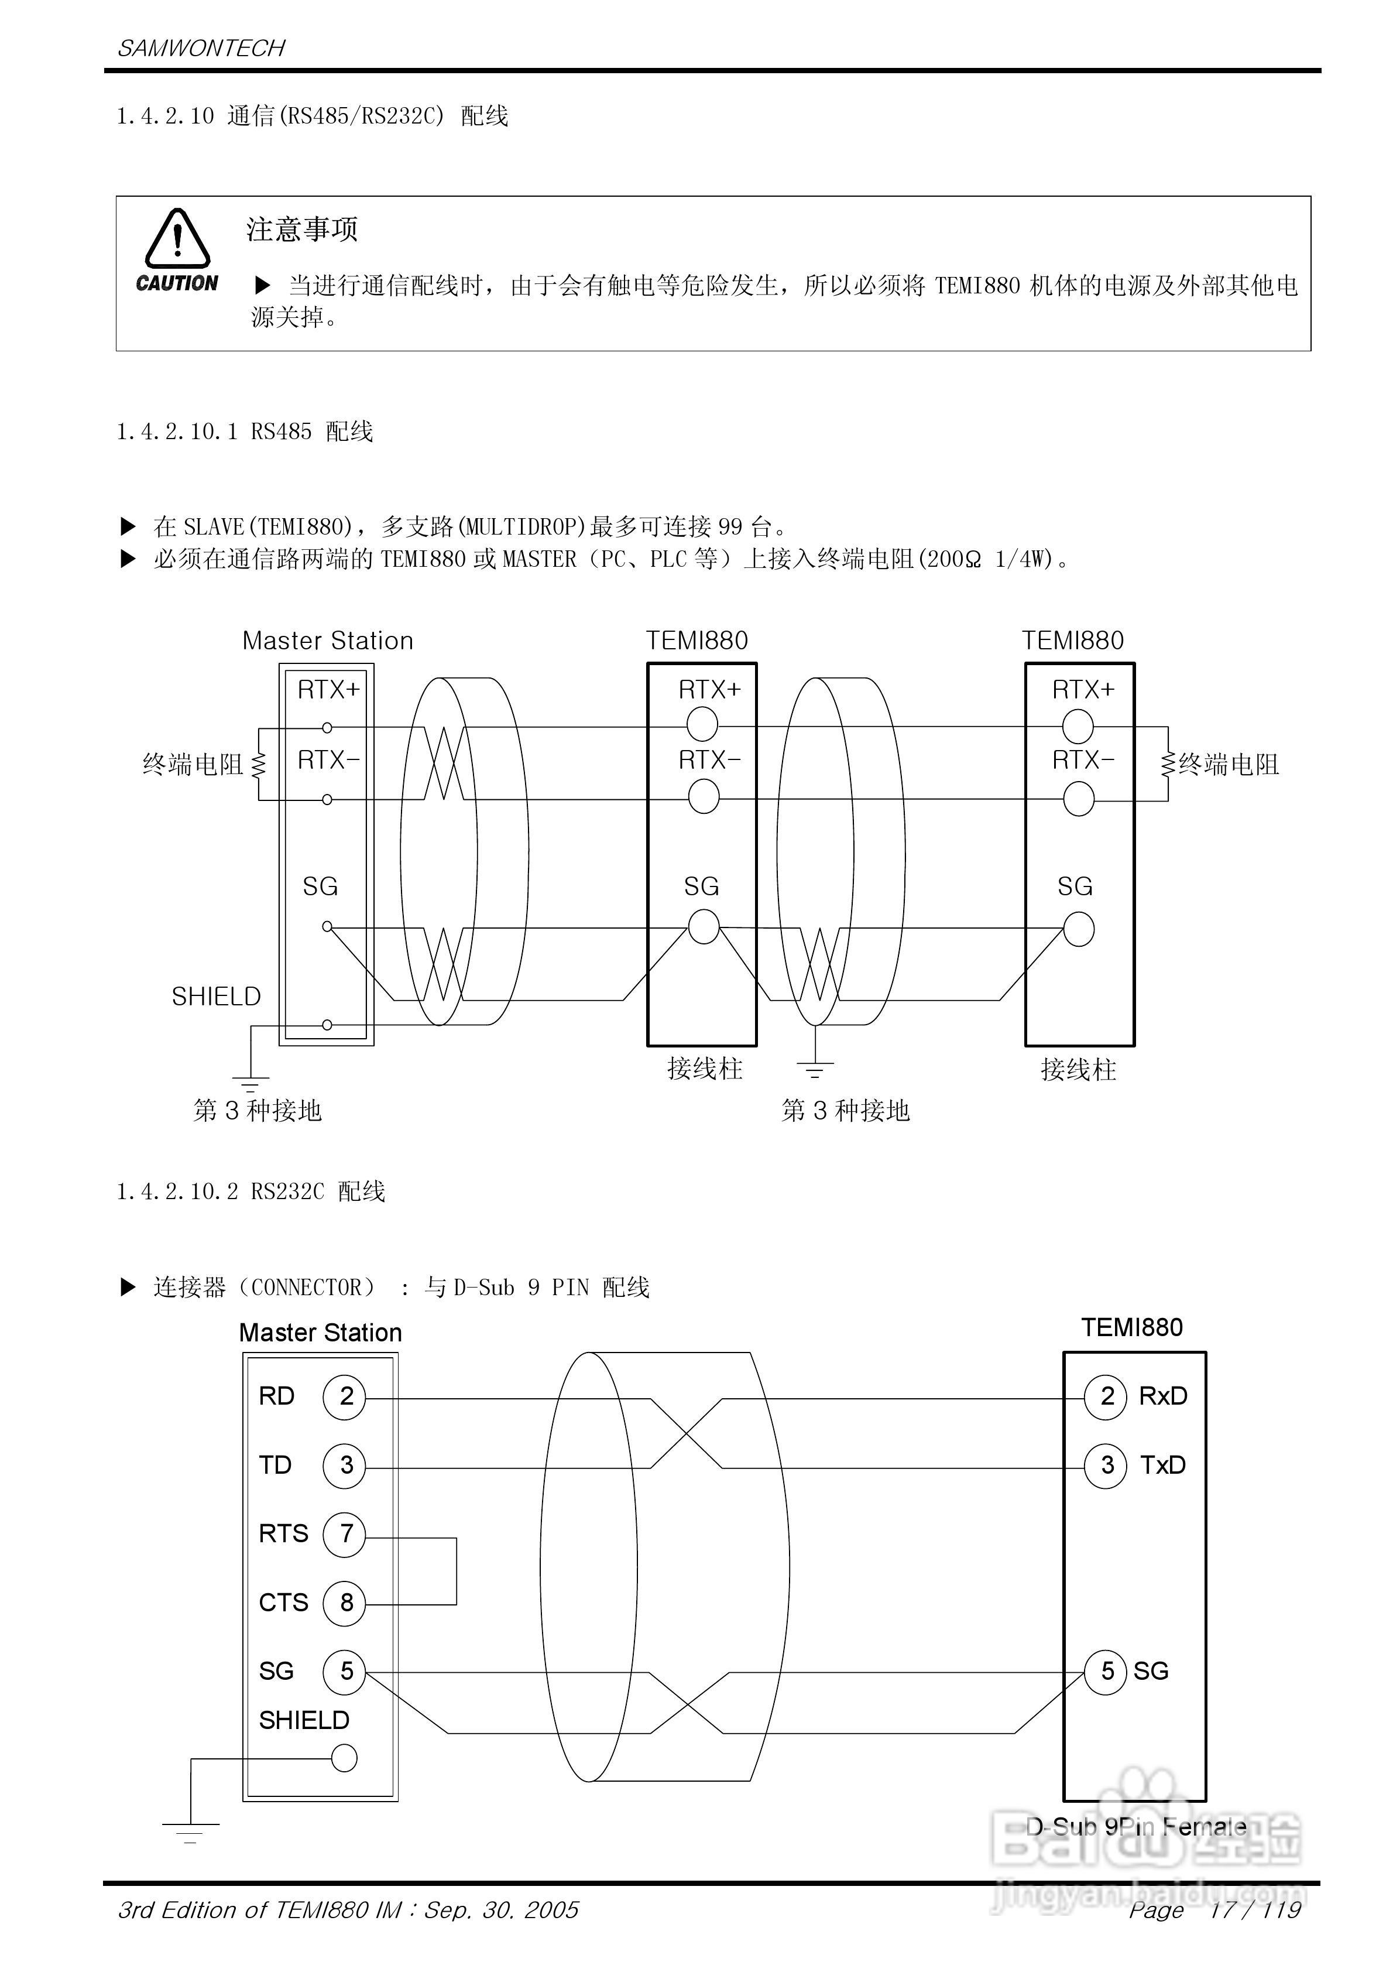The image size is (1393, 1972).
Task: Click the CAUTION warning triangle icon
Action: point(177,239)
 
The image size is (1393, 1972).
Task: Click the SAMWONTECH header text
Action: point(201,48)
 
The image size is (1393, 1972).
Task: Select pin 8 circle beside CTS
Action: point(344,1602)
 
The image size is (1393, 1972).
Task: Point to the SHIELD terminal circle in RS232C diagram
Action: point(344,1758)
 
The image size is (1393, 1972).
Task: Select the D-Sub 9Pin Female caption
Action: point(1135,1827)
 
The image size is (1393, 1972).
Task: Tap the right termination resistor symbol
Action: point(1168,764)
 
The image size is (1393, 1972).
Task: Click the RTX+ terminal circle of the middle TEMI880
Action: point(702,725)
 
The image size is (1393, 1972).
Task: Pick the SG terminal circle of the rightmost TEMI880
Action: point(1079,929)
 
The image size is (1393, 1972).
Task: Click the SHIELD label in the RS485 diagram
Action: point(215,997)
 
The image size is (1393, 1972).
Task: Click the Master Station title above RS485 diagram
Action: point(327,641)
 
